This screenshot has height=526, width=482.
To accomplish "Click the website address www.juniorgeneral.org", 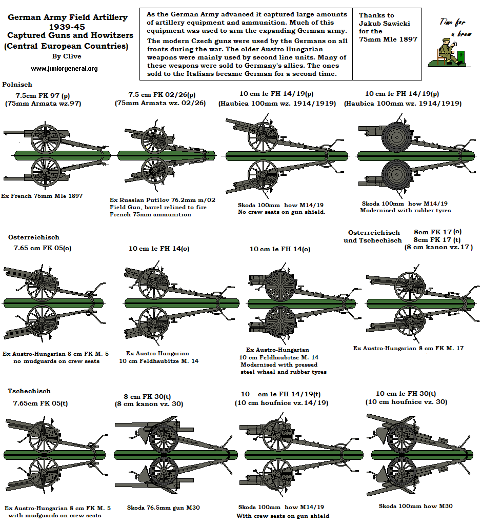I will pos(64,68).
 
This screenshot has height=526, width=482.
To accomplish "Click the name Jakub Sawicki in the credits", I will pos(384,23).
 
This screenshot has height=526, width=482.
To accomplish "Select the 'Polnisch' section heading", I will pos(17,84).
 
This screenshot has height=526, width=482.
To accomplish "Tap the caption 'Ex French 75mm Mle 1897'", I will pos(42,196).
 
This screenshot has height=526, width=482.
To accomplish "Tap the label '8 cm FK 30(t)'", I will pos(148,396).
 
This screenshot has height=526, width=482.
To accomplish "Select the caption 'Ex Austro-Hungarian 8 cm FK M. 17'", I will pos(408,348).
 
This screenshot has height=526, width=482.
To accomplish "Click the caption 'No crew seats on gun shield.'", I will pos(282,212).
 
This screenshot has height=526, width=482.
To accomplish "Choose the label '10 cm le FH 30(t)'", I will pos(406,393).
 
